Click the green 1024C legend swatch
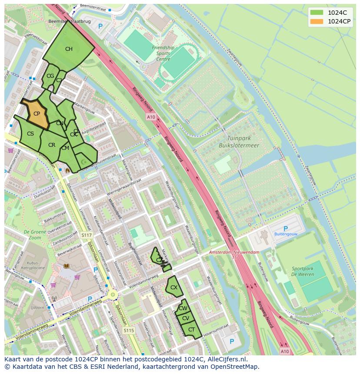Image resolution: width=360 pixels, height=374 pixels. pyautogui.click(x=317, y=13)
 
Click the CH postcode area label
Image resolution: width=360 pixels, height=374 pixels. pyautogui.click(x=69, y=49)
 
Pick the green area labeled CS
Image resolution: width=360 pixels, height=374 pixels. pyautogui.click(x=30, y=134)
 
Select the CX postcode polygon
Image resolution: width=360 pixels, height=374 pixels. pyautogui.click(x=173, y=288)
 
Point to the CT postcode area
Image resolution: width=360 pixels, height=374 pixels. pyautogui.click(x=191, y=330)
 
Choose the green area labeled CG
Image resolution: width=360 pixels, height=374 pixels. pyautogui.click(x=50, y=76)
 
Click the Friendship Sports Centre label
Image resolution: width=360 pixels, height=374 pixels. pyautogui.click(x=163, y=53)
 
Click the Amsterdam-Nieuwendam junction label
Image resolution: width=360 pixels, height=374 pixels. pyautogui.click(x=233, y=252)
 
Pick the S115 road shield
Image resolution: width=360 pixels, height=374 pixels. pyautogui.click(x=128, y=331)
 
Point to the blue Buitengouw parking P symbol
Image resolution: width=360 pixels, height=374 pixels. pyautogui.click(x=285, y=228)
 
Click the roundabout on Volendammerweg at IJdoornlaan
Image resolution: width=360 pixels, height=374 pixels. pyautogui.click(x=113, y=295)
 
